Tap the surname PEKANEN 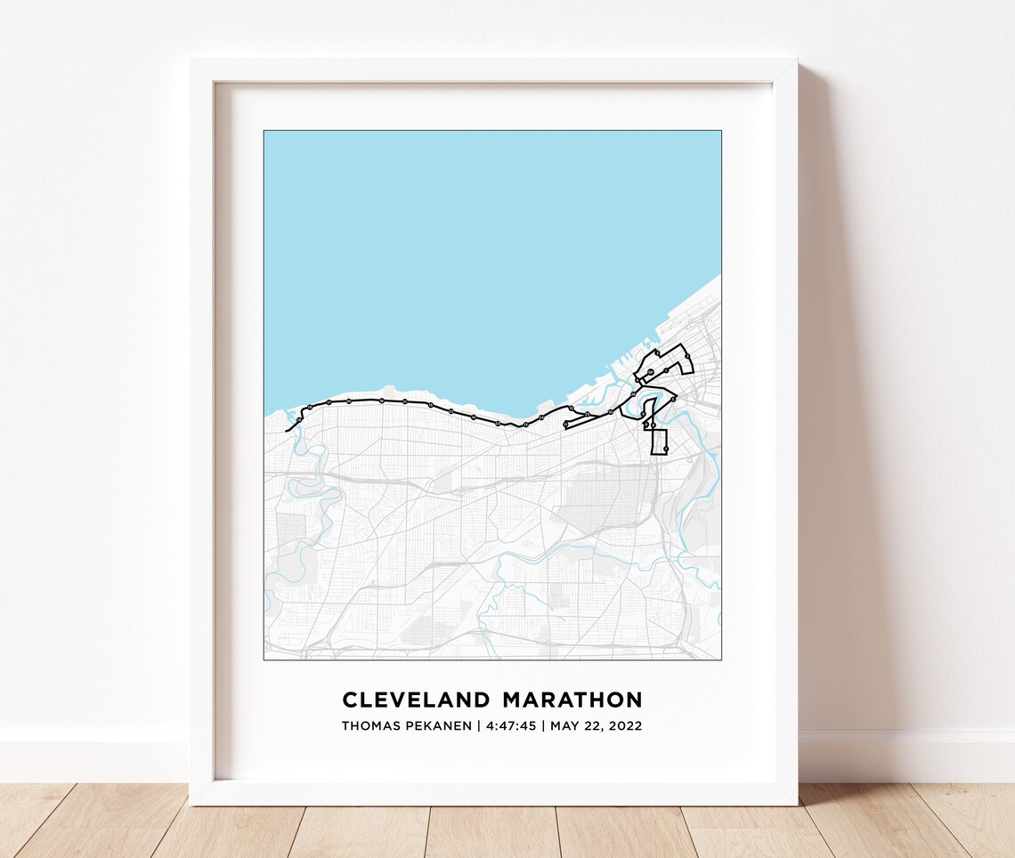click(x=439, y=725)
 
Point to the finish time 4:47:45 click(x=511, y=725)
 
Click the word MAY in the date click(x=564, y=725)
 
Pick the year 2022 click(x=625, y=725)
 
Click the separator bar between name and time click(x=479, y=725)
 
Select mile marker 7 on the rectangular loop click(x=666, y=449)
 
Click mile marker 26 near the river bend click(x=633, y=394)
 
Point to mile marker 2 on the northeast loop click(x=687, y=356)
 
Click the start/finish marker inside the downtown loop click(x=650, y=372)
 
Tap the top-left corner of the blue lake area click(x=265, y=133)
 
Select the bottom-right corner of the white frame click(x=795, y=804)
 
